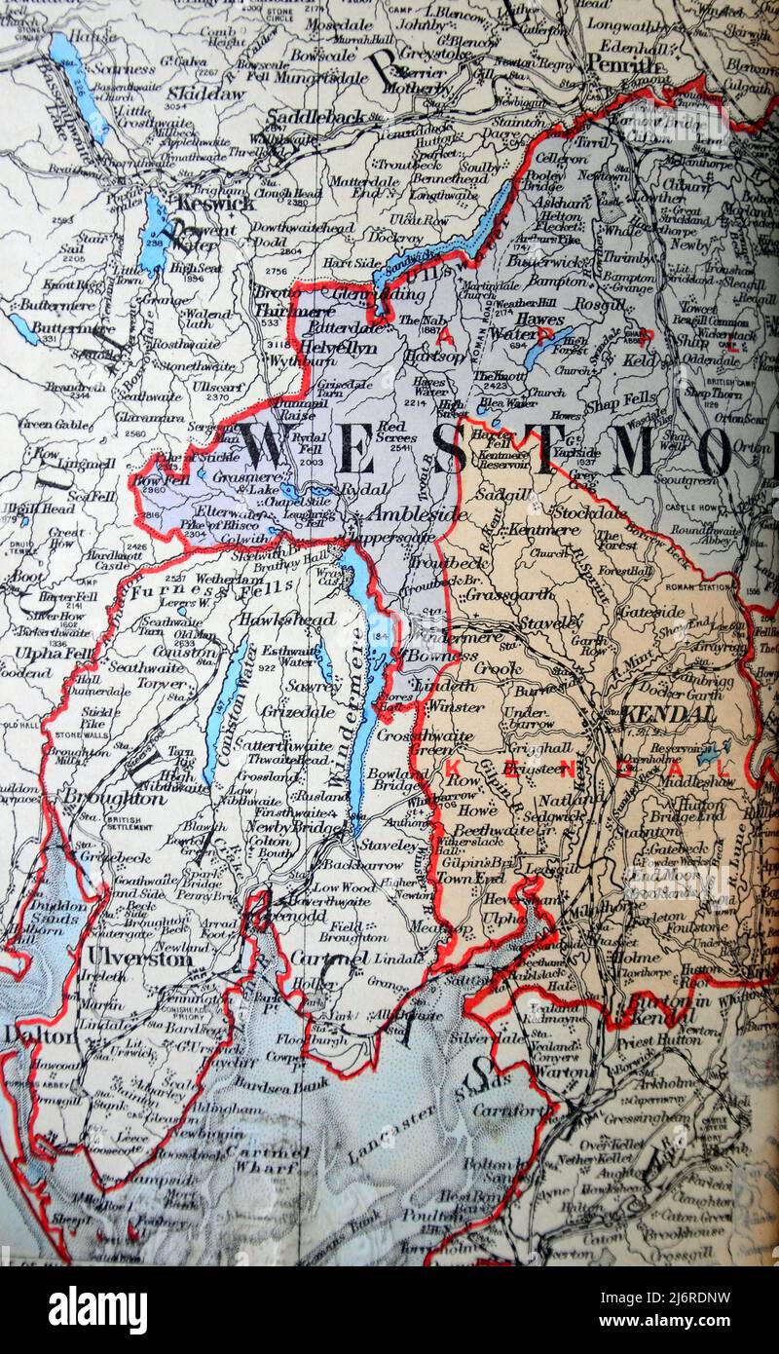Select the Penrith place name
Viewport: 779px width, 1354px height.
[624, 64]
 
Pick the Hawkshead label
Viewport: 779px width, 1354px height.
[287, 619]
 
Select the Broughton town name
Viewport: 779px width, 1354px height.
[99, 797]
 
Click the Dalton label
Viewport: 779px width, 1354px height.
[39, 1035]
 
